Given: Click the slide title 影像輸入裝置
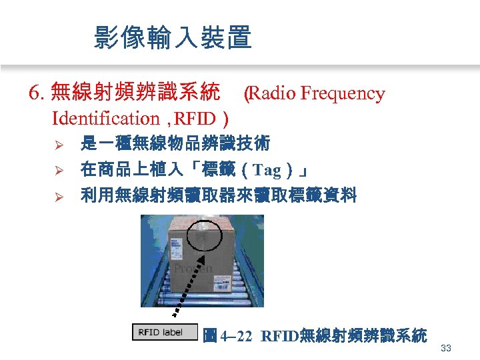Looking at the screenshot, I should point(173,38).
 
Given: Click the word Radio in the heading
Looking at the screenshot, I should point(272,93).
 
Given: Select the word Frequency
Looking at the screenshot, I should point(343,93).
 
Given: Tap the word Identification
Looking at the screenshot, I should point(105,119).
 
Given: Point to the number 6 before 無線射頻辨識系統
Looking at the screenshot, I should point(34,93).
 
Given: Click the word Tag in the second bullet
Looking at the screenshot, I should point(267,171).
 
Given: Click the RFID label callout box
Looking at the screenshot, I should point(165,332).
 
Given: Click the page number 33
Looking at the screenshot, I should point(446,347).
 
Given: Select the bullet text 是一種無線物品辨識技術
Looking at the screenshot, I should point(175,144).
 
